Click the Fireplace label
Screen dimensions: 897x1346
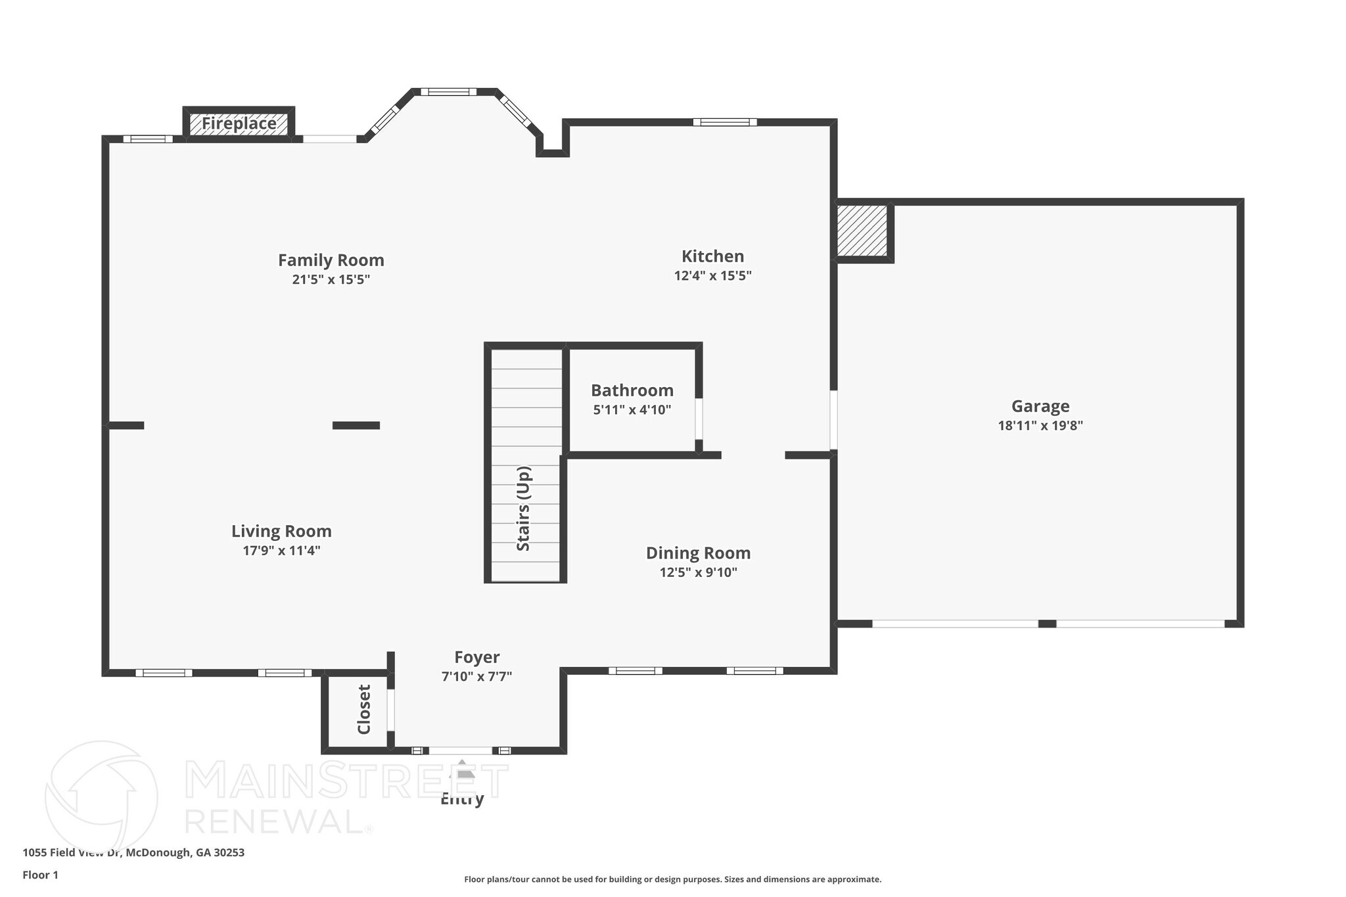(239, 124)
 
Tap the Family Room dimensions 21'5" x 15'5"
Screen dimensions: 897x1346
(331, 279)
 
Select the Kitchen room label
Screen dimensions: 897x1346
(712, 256)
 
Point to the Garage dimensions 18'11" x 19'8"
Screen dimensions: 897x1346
(1040, 425)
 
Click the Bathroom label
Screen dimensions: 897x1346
(632, 390)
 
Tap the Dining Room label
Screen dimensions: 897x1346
(698, 553)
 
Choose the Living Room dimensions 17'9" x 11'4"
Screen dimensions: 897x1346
(281, 550)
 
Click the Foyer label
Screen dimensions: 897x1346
(477, 657)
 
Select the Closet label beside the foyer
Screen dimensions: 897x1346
(364, 709)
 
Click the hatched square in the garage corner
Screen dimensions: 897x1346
(862, 231)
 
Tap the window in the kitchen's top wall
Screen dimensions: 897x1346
(724, 122)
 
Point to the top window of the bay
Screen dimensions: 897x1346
(448, 92)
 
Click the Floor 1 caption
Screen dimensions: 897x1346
(41, 875)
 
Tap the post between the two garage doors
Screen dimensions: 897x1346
(1047, 624)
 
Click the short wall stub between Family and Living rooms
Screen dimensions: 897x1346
(356, 425)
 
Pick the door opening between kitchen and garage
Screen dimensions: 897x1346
(833, 421)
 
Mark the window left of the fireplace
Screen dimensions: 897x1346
(148, 139)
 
